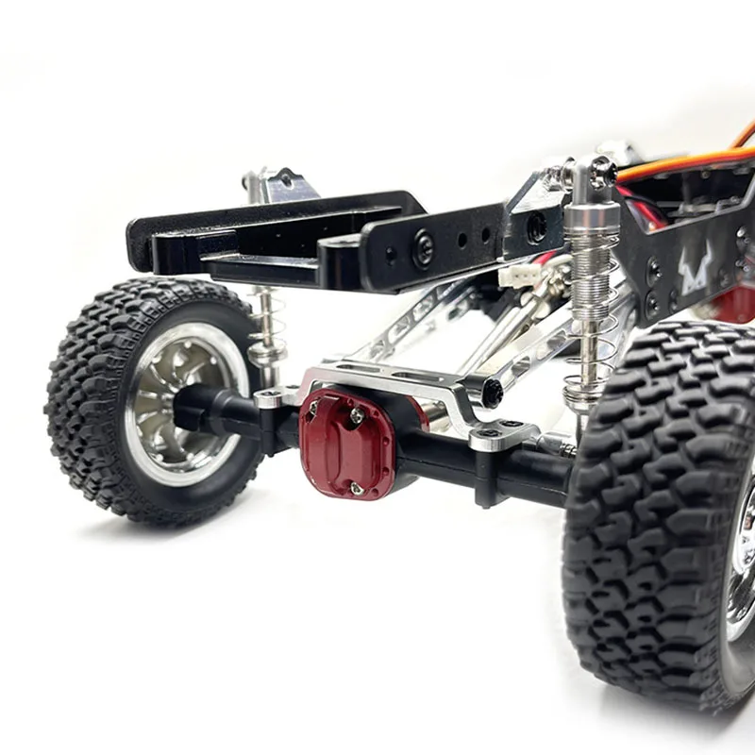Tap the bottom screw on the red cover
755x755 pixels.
click(355, 487)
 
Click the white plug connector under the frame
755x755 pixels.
click(522, 275)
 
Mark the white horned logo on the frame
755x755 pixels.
click(696, 274)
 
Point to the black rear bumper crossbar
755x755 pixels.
click(274, 226)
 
